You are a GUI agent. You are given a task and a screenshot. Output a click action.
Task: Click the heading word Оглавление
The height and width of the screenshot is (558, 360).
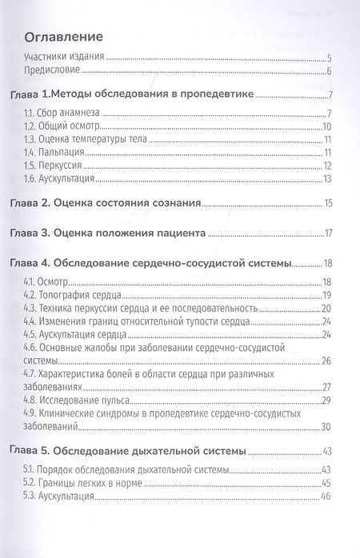[x=66, y=38]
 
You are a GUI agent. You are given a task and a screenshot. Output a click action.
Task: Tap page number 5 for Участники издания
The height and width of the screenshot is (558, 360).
[x=329, y=58]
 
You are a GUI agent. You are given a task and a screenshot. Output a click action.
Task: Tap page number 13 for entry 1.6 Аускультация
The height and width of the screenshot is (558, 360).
[x=326, y=177]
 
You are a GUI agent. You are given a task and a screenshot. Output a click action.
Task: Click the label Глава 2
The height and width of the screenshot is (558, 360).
[x=38, y=205]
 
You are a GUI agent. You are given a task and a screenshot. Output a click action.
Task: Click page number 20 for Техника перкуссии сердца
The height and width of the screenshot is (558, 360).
[x=326, y=308]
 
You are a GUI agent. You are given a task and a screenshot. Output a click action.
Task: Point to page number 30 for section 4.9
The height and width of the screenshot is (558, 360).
[x=326, y=425]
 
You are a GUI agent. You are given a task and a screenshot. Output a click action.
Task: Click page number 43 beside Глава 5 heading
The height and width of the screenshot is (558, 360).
[x=326, y=451]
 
